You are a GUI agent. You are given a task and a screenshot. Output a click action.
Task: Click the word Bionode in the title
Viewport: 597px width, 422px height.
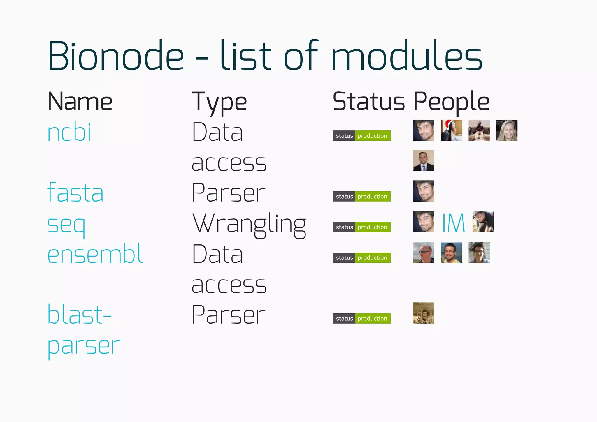(116, 56)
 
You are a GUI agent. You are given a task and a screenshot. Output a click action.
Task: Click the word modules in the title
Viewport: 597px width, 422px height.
(406, 56)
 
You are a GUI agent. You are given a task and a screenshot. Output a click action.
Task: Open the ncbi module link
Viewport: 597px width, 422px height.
(69, 133)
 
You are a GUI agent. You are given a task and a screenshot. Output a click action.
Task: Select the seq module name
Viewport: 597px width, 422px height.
(66, 225)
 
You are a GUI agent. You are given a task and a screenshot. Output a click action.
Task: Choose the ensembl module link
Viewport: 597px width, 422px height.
(95, 254)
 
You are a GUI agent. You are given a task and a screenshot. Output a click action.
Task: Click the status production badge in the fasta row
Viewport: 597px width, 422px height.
(361, 197)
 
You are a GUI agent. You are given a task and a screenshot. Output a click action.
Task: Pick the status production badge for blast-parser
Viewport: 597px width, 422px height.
(361, 318)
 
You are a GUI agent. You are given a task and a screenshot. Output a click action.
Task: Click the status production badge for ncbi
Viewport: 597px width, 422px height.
(361, 136)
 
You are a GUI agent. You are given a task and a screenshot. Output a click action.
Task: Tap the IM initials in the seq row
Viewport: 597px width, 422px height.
(453, 223)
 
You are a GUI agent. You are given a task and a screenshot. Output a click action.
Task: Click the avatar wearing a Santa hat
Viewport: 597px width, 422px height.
(451, 130)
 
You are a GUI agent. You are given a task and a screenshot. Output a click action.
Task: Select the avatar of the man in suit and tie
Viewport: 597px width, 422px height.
(423, 160)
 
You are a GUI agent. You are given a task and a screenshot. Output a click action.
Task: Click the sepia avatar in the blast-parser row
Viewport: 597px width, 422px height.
(423, 313)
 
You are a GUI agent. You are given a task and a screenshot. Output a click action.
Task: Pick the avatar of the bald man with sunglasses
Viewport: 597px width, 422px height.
(423, 252)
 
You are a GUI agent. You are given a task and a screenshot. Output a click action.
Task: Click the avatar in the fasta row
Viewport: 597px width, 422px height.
(423, 191)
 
